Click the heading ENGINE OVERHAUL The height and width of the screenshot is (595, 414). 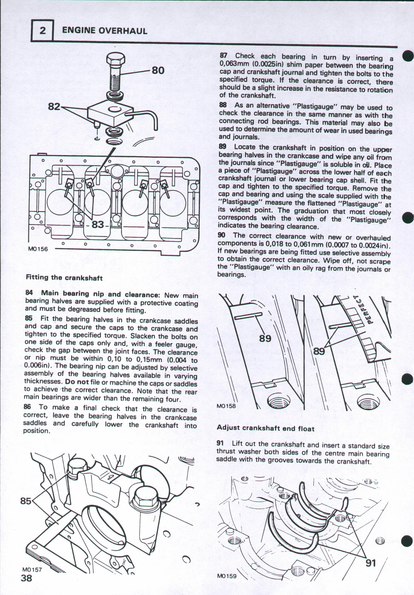click(x=105, y=31)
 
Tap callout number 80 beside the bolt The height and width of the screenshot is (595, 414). click(x=158, y=70)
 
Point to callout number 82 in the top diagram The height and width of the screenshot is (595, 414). click(x=54, y=106)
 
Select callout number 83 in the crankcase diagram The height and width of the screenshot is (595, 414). click(x=98, y=224)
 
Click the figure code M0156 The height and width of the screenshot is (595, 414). click(x=38, y=249)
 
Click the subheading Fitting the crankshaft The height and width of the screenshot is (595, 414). click(x=64, y=278)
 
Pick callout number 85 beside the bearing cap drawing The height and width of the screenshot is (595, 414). click(x=26, y=501)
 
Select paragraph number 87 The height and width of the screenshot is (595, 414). click(x=223, y=56)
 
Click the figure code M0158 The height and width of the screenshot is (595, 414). click(x=226, y=406)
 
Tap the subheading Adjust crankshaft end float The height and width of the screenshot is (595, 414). click(x=265, y=428)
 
